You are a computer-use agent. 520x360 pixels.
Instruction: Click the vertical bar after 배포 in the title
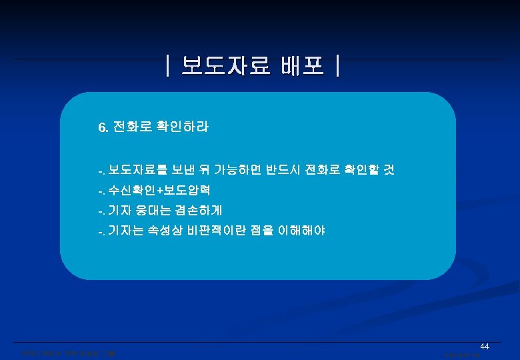pyautogui.click(x=339, y=68)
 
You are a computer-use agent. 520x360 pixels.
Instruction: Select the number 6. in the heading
pyautogui.click(x=103, y=127)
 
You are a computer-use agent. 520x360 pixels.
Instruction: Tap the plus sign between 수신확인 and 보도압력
pyautogui.click(x=160, y=191)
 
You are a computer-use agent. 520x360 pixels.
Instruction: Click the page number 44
pyautogui.click(x=485, y=347)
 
